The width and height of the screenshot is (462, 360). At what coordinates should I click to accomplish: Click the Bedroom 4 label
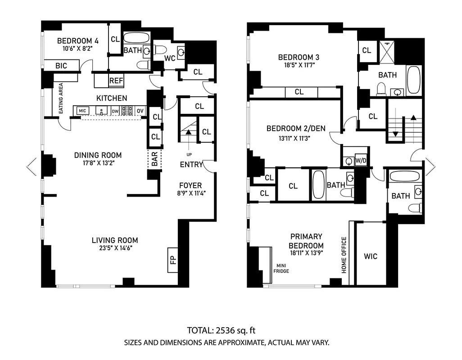pos(78,40)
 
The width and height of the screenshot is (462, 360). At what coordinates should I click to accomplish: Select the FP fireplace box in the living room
pos(173,260)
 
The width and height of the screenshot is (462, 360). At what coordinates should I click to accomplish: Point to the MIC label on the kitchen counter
pos(82,111)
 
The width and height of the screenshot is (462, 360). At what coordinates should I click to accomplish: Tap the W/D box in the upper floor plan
pos(361,160)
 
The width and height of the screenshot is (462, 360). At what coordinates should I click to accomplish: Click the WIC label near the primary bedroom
pos(371,256)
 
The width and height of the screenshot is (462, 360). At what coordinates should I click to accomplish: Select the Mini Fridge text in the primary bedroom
pos(281,268)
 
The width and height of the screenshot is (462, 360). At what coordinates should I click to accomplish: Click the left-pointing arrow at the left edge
pos(31,167)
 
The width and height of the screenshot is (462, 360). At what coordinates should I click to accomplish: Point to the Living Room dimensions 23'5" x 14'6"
pos(115,248)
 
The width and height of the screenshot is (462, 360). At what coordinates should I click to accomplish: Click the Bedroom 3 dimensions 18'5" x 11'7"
pos(299,65)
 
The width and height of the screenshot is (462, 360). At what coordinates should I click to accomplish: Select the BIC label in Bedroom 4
pos(61,66)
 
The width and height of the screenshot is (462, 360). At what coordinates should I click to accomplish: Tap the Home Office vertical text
pos(344,255)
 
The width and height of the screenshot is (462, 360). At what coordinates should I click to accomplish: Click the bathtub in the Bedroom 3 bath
pos(413,80)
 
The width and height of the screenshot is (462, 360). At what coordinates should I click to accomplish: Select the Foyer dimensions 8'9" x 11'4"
pos(190,193)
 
